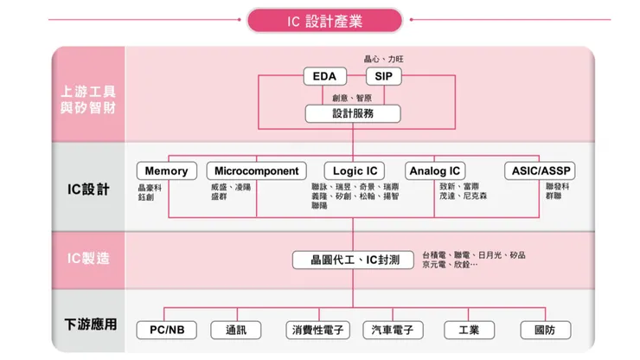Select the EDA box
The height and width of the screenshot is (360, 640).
coord(324,77)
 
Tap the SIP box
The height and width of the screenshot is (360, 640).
coord(383,77)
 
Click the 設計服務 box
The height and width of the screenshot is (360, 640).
coord(354,113)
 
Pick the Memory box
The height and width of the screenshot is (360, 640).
coord(166,170)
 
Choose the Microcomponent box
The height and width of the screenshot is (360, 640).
coord(257,170)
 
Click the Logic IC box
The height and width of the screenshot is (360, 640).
coord(355,170)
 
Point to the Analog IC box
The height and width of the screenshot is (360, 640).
coord(436,170)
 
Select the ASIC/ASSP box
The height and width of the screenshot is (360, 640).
coord(540,170)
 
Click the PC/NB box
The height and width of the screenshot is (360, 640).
coord(167,330)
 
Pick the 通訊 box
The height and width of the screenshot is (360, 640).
coord(236,330)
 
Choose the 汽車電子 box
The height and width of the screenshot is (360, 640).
coord(393,330)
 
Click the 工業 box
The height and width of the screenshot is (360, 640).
coord(470,330)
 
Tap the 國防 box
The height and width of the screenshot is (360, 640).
coord(546,330)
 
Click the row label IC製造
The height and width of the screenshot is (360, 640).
coord(89,258)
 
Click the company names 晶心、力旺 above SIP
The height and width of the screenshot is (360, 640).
coord(383,59)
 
